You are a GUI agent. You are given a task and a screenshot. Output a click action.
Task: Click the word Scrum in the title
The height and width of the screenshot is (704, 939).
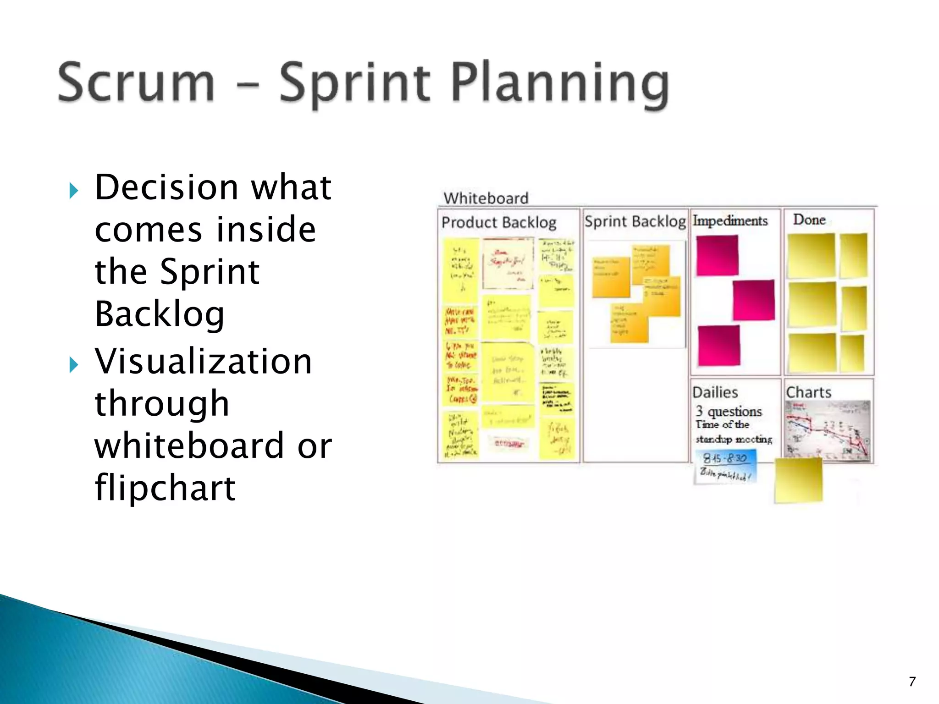pyautogui.click(x=136, y=82)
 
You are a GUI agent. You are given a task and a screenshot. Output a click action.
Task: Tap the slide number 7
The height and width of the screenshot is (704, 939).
pyautogui.click(x=912, y=682)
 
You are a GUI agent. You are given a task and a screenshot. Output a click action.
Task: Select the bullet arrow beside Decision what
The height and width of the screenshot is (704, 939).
pyautogui.click(x=73, y=190)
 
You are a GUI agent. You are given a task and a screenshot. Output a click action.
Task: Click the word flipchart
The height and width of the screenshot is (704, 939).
pyautogui.click(x=165, y=488)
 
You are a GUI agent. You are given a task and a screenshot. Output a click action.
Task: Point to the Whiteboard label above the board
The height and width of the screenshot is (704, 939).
pyautogui.click(x=486, y=198)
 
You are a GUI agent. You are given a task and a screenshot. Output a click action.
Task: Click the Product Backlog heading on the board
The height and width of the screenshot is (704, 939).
pyautogui.click(x=499, y=222)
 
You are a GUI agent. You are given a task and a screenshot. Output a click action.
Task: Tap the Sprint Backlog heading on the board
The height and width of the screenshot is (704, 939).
pyautogui.click(x=635, y=221)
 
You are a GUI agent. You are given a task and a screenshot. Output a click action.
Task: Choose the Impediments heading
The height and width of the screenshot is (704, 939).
pyautogui.click(x=730, y=220)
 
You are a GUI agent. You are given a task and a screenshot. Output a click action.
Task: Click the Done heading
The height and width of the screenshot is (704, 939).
pyautogui.click(x=809, y=220)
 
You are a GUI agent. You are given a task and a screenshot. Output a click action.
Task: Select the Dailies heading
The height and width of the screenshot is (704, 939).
pyautogui.click(x=715, y=392)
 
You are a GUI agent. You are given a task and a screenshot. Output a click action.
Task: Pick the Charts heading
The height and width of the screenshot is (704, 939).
pyautogui.click(x=808, y=392)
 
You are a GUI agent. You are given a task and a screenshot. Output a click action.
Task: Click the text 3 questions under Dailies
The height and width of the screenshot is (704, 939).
pyautogui.click(x=729, y=411)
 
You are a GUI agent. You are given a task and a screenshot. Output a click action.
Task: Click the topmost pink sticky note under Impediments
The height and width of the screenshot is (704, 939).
pyautogui.click(x=717, y=255)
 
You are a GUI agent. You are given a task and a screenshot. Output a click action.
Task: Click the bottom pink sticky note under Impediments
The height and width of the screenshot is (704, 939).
pyautogui.click(x=718, y=346)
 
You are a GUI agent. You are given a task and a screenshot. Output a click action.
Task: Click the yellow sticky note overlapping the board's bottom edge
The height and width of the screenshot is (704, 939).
pyautogui.click(x=798, y=481)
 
